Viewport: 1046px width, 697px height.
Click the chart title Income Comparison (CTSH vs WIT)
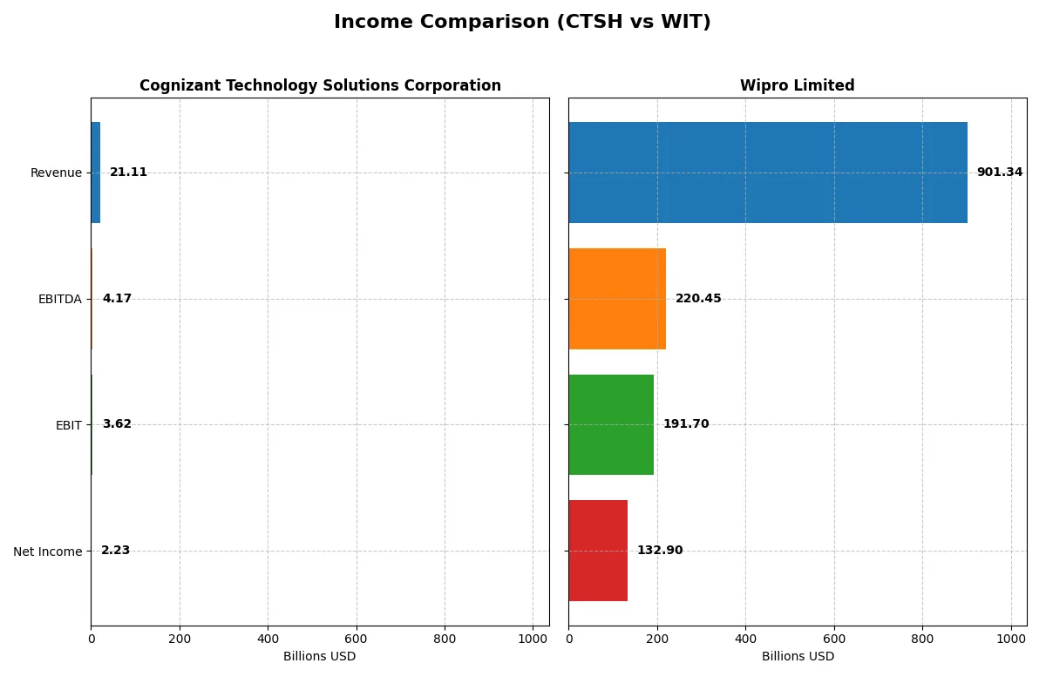[522, 23]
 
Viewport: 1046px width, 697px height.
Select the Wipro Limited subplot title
[797, 85]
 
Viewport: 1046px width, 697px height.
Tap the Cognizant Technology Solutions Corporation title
[320, 85]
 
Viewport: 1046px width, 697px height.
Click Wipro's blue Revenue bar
[767, 173]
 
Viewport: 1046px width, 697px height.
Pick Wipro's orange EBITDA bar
[617, 299]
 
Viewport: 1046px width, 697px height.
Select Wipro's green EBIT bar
[611, 424]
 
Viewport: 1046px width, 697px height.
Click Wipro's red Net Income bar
[598, 551]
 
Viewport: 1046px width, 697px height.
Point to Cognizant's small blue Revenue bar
[95, 173]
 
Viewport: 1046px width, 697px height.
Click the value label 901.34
[999, 173]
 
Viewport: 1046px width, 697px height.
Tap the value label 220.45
[698, 299]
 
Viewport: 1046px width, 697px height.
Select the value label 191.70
[686, 424]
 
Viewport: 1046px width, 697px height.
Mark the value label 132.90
[660, 551]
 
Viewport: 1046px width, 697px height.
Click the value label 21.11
[128, 173]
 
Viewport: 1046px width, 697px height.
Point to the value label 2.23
[115, 551]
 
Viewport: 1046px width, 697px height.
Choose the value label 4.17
[117, 299]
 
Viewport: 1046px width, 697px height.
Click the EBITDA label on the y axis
[59, 300]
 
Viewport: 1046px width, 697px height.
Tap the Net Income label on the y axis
[47, 552]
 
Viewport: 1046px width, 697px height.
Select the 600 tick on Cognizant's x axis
[356, 638]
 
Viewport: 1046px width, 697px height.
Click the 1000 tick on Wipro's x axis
[1011, 638]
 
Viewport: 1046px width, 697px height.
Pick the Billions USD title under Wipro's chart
[797, 656]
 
